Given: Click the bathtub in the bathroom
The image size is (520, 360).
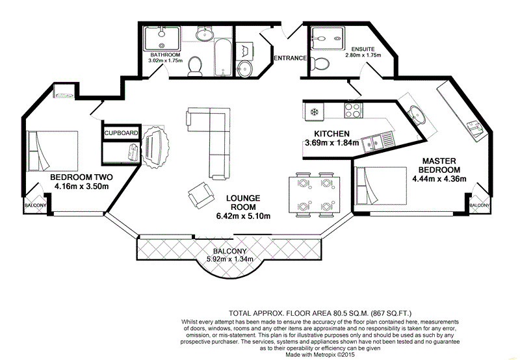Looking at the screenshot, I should (220, 49).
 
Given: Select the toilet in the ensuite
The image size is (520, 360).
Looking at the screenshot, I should (318, 63).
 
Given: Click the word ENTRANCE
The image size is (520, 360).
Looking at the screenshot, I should (289, 58).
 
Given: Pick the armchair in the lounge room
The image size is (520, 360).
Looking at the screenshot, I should (199, 194).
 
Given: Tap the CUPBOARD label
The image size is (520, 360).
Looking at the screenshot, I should (122, 133).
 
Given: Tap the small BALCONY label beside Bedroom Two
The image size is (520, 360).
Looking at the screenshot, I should (35, 205).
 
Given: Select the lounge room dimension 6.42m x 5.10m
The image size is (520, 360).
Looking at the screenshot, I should (244, 216).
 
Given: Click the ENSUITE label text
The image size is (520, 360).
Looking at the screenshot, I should (362, 49).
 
